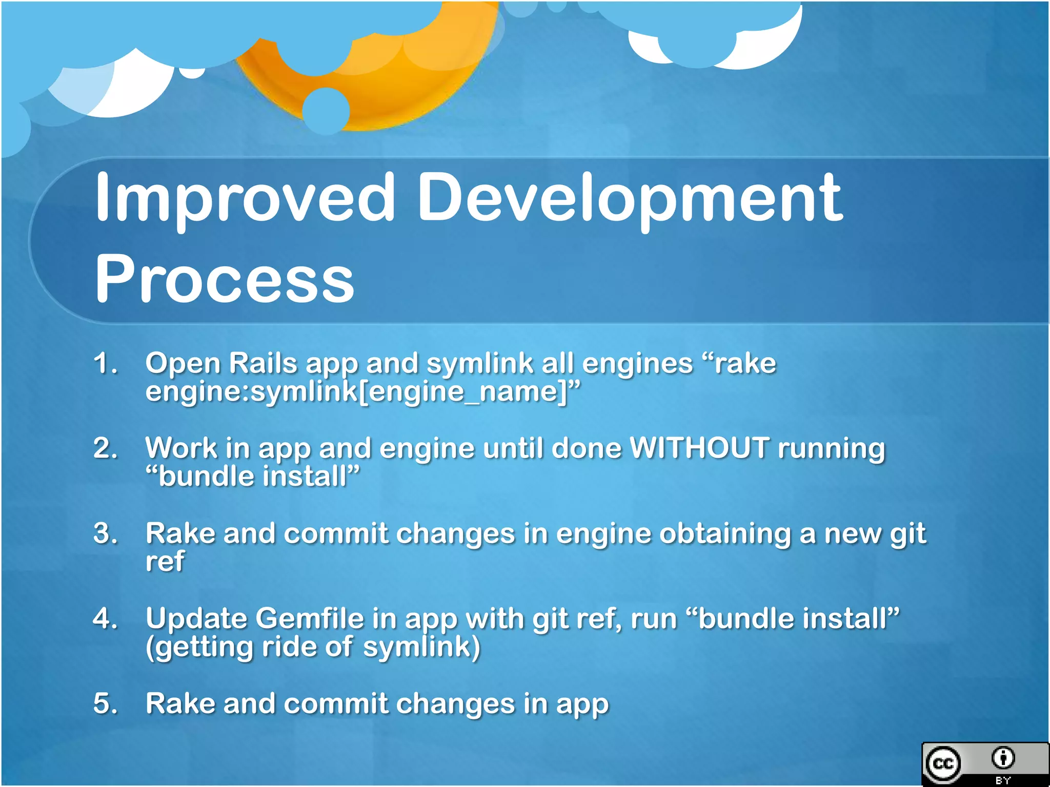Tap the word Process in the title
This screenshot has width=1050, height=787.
click(225, 279)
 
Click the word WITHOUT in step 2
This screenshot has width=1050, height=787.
click(699, 448)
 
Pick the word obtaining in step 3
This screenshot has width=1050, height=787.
click(725, 533)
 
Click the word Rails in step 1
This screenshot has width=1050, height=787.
click(262, 363)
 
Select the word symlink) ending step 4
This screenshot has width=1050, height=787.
click(421, 647)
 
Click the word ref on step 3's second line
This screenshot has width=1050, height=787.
click(165, 562)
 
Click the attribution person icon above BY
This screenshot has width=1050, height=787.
click(1003, 758)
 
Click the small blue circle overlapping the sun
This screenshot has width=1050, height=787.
click(326, 111)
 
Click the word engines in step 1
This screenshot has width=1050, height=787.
click(637, 363)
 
